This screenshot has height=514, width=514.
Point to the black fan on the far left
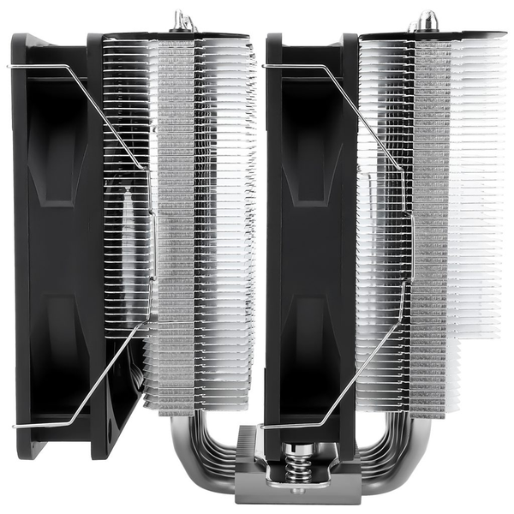click(x=60, y=240)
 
